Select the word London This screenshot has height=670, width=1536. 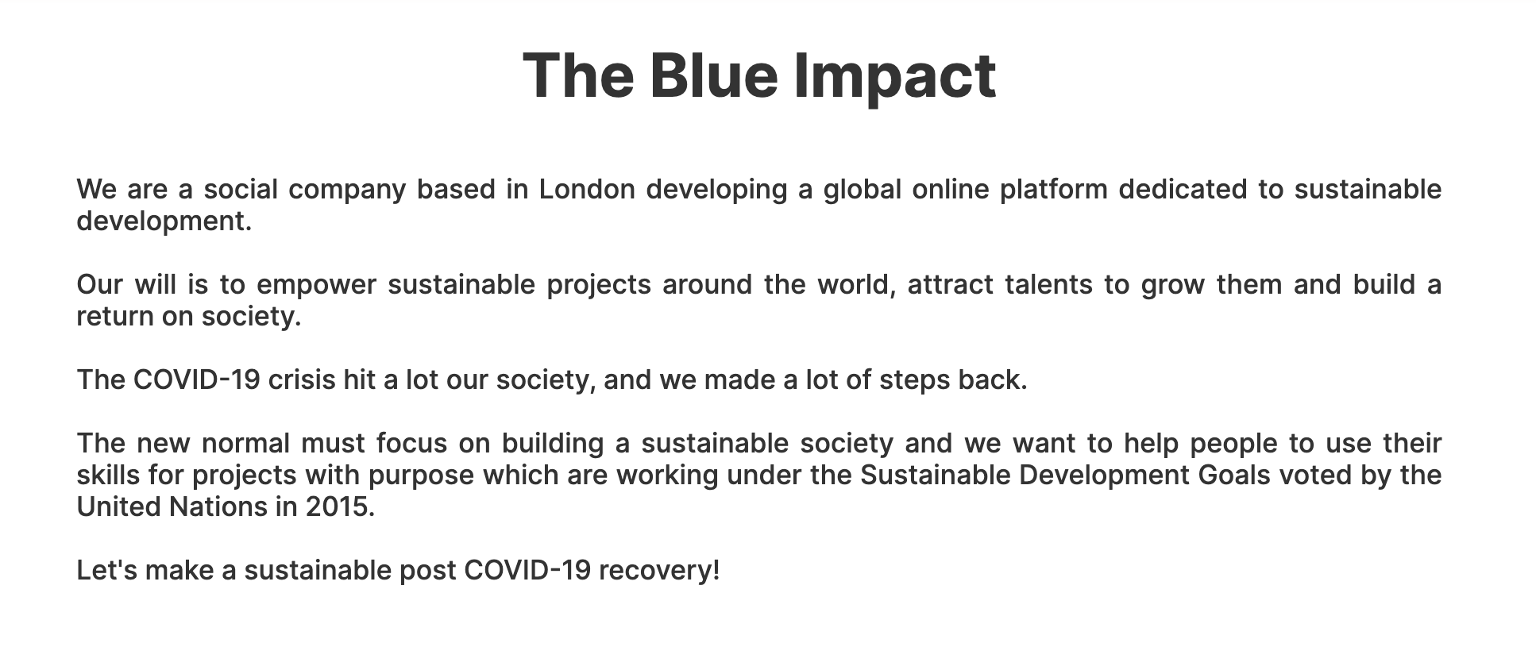pyautogui.click(x=587, y=189)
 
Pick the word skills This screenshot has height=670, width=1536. pyautogui.click(x=107, y=475)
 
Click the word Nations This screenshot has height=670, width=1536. pyautogui.click(x=218, y=506)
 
